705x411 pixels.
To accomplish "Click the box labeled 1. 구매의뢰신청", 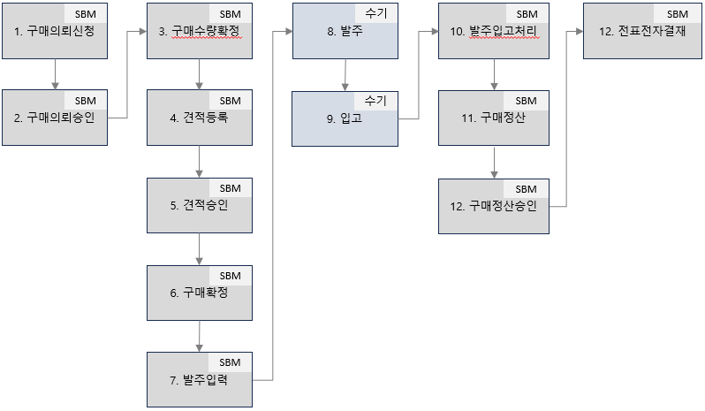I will pyautogui.click(x=55, y=34).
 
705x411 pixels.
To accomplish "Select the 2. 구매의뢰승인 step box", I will pyautogui.click(x=55, y=121).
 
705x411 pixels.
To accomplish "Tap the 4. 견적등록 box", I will pyautogui.click(x=200, y=121).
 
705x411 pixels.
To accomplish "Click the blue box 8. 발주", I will pyautogui.click(x=345, y=34).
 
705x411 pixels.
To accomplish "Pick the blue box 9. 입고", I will pyautogui.click(x=345, y=121).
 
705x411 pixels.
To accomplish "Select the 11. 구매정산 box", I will pyautogui.click(x=493, y=121).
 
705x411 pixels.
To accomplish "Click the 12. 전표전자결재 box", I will pyautogui.click(x=636, y=34).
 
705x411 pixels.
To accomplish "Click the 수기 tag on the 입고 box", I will pyautogui.click(x=375, y=100).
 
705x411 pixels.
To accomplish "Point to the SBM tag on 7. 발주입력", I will pyautogui.click(x=230, y=362).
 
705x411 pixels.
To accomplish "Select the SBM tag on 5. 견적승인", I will pyautogui.click(x=230, y=187).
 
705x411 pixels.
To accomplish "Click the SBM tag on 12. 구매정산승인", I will pyautogui.click(x=526, y=188).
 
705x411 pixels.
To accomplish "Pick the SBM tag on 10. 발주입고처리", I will pyautogui.click(x=526, y=14).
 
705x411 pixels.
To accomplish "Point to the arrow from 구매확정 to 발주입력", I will pyautogui.click(x=200, y=336).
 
